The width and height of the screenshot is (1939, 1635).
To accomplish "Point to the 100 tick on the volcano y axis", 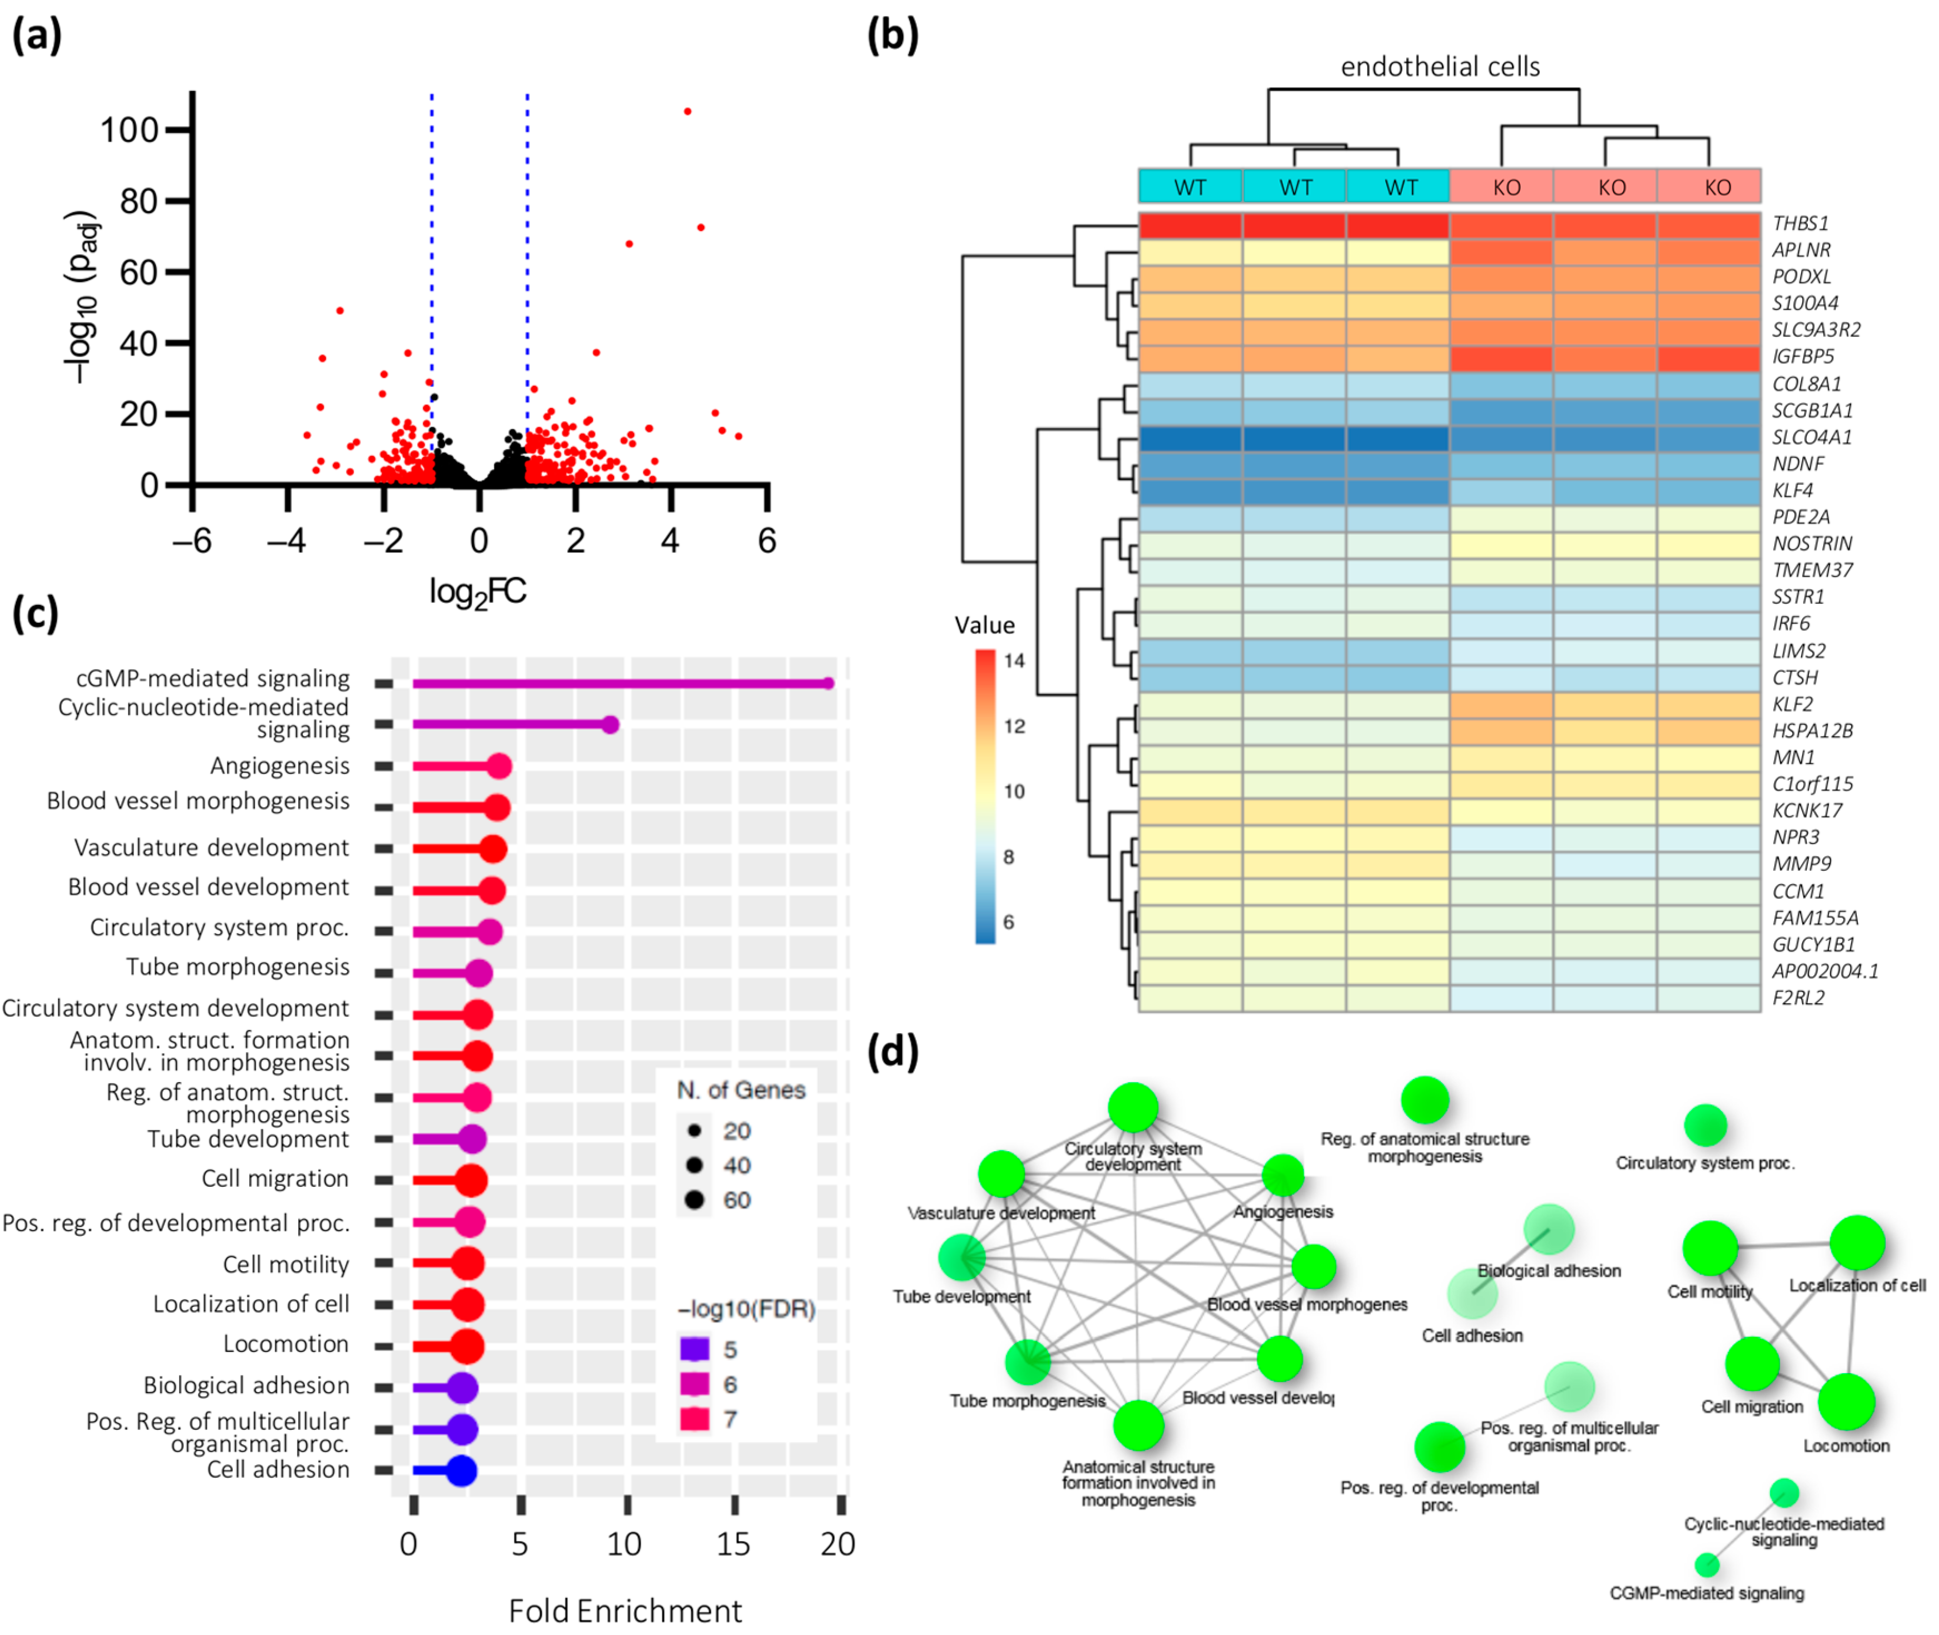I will [x=129, y=130].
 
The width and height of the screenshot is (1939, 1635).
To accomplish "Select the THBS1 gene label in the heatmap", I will [x=1800, y=224].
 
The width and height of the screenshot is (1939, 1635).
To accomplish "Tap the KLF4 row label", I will [x=1793, y=490].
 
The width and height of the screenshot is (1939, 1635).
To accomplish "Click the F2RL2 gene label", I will [x=1798, y=998].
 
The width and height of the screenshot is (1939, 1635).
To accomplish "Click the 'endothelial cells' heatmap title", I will [x=1440, y=67].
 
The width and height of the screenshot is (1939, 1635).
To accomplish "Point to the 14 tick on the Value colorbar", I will [x=1014, y=661].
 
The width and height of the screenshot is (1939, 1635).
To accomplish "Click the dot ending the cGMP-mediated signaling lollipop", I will [x=827, y=683].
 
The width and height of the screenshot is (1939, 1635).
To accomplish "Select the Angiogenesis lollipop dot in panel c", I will [x=499, y=766].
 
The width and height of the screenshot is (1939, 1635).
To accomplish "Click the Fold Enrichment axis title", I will [x=624, y=1611].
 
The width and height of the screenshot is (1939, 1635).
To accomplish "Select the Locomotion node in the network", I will [x=1846, y=1403].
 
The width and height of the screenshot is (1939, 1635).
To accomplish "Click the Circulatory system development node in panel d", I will [x=1133, y=1108].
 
